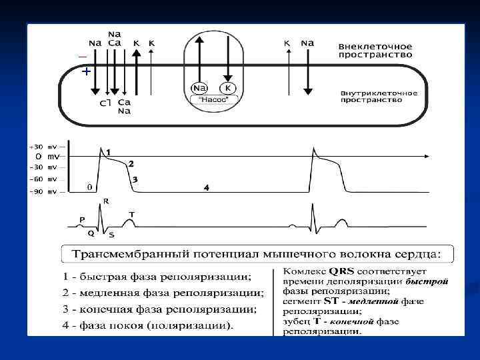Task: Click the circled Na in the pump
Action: (x=199, y=88)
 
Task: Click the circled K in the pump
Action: (x=228, y=88)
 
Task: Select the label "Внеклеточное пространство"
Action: (x=375, y=51)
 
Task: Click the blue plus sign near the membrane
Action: (x=85, y=71)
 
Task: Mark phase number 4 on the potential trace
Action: (x=206, y=189)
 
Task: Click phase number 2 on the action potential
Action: (x=131, y=163)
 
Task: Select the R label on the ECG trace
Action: (x=106, y=201)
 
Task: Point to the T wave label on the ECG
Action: (x=131, y=213)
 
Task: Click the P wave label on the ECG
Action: (x=82, y=218)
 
